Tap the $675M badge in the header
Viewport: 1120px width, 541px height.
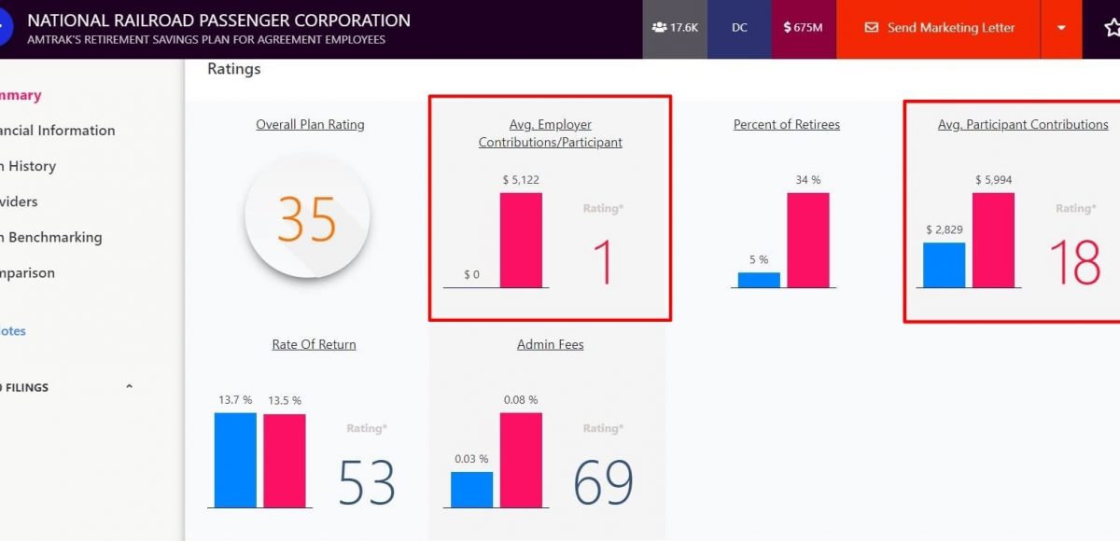803,28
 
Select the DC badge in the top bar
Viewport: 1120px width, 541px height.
739,28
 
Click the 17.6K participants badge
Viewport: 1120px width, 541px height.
675,28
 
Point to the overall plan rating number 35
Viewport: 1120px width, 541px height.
307,218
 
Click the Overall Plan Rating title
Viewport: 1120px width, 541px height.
310,124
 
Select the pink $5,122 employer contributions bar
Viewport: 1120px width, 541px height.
521,240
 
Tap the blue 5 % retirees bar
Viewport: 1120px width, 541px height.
759,279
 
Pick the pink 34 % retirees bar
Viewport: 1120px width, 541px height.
807,240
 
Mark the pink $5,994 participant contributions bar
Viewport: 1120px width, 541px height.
993,240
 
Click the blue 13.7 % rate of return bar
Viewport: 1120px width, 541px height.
235,460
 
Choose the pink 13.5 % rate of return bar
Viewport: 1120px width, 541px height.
284,460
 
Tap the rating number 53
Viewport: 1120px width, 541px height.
366,482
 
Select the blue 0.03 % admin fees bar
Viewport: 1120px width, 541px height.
471,489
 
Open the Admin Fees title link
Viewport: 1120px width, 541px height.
550,344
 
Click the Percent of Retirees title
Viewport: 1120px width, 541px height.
786,124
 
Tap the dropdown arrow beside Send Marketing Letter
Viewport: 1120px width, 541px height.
1061,28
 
